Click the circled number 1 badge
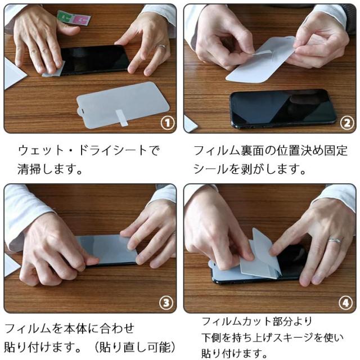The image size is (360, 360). (x=168, y=123)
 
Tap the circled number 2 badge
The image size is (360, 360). (x=346, y=123)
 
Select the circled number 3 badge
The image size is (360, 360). (x=166, y=303)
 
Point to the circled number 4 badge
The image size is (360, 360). (x=345, y=303)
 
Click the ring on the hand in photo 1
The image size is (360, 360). (x=161, y=47)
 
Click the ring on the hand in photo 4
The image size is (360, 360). (x=335, y=241)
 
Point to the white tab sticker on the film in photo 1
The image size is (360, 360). (x=121, y=118)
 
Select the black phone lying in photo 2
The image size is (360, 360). (x=283, y=108)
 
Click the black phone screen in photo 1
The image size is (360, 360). (x=94, y=60)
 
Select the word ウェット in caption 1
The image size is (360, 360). (x=41, y=151)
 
